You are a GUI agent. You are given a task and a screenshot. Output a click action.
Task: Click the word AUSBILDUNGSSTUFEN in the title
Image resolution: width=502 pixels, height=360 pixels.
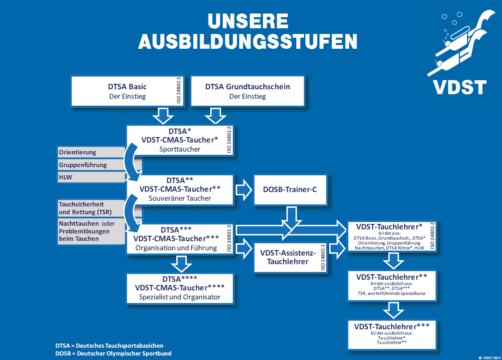(248, 41)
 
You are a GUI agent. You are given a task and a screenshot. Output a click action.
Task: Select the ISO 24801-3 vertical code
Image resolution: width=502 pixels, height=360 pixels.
(229, 238)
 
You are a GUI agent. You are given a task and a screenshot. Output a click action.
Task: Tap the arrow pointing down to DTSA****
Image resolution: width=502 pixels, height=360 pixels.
(180, 264)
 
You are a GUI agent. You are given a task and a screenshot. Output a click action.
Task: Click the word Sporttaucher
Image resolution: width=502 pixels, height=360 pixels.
(180, 149)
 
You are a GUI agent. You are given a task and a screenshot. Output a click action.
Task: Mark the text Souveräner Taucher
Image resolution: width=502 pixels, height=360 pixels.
(180, 198)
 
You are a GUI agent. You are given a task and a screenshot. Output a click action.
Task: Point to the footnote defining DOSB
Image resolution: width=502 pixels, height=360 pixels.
(114, 353)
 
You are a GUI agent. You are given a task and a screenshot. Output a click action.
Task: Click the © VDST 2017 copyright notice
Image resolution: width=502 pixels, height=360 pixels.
(489, 357)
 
